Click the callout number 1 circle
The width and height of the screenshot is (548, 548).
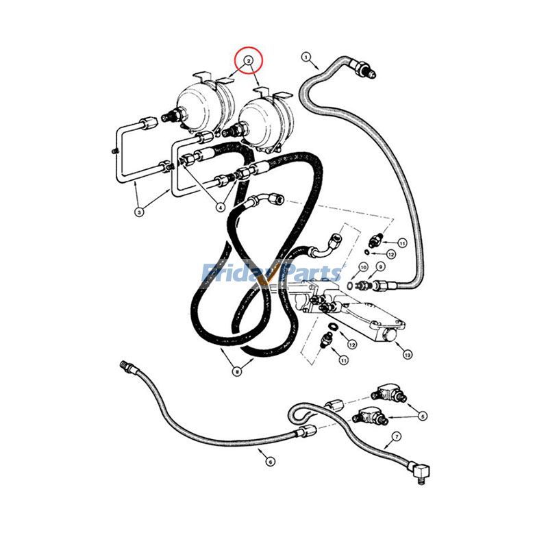pyautogui.click(x=306, y=57)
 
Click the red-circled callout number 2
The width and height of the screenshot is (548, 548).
pyautogui.click(x=248, y=61)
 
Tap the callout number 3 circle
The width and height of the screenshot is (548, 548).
pyautogui.click(x=139, y=212)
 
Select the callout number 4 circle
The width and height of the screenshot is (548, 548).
pyautogui.click(x=220, y=208)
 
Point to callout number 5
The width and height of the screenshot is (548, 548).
pyautogui.click(x=423, y=416)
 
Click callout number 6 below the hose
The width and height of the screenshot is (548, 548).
pyautogui.click(x=270, y=462)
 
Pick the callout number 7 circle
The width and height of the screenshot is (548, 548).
pyautogui.click(x=397, y=436)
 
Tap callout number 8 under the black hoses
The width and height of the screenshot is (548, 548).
pyautogui.click(x=237, y=371)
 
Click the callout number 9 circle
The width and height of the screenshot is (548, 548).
pyautogui.click(x=380, y=266)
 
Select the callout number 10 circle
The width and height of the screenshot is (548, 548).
pyautogui.click(x=363, y=267)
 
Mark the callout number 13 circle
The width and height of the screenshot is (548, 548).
pyautogui.click(x=407, y=355)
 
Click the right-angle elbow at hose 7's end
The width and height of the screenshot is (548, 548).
pyautogui.click(x=421, y=471)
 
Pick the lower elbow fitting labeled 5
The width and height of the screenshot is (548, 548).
pyautogui.click(x=369, y=416)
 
